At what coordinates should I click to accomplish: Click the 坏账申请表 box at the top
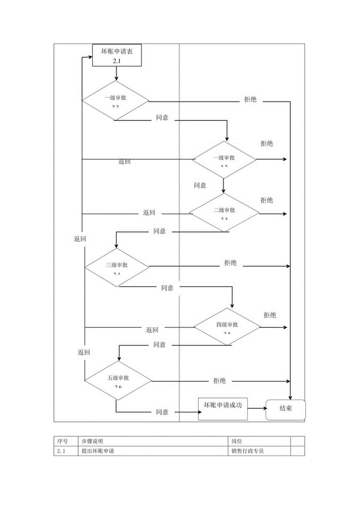116,55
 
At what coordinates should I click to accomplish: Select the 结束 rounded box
286,410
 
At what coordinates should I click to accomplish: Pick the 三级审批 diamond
117,268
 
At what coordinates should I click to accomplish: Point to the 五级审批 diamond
118,381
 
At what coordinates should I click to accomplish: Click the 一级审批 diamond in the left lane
115,101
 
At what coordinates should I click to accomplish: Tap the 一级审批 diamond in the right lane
224,159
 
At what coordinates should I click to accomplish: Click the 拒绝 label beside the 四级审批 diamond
270,315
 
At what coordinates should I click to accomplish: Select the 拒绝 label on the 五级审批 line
220,381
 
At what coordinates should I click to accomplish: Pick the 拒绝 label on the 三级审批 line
230,263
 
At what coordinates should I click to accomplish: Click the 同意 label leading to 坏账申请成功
162,412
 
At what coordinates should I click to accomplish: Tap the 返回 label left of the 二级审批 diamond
149,213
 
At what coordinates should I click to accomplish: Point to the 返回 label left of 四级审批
152,330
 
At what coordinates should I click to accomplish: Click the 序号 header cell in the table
63,441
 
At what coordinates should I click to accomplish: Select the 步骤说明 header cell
92,441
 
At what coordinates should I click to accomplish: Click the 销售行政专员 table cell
248,451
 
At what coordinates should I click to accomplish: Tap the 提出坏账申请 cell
100,451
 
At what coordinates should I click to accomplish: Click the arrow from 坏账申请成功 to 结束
256,408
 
